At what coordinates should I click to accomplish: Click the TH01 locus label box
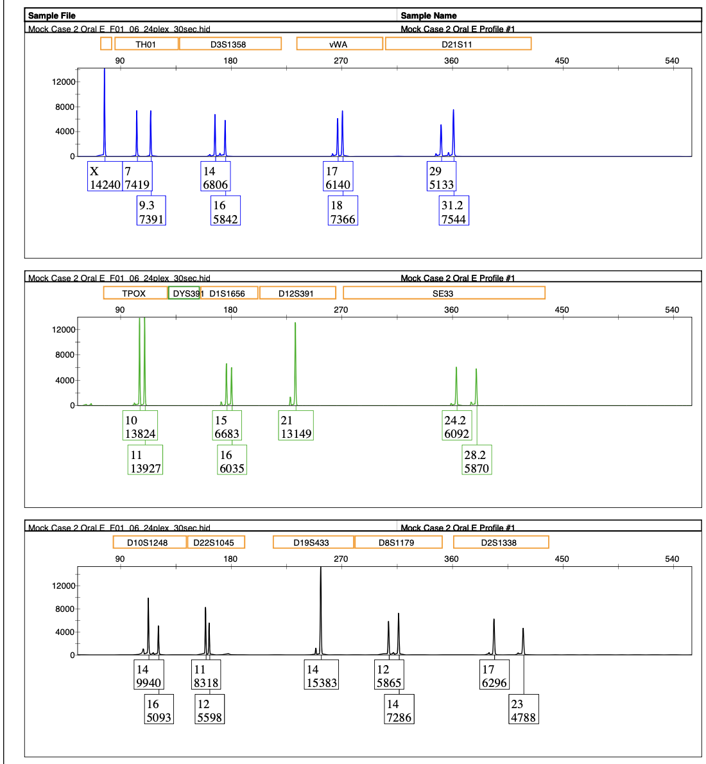tap(146, 44)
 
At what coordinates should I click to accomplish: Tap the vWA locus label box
tap(339, 44)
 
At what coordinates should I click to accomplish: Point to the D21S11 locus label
tap(458, 44)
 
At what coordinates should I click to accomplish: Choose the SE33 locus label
tap(443, 293)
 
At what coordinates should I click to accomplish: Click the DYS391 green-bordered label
tap(184, 293)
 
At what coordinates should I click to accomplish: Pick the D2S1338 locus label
tap(500, 542)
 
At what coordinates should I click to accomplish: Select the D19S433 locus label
tap(313, 542)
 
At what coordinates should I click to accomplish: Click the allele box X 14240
tap(105, 178)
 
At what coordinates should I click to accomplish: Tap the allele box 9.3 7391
tap(151, 212)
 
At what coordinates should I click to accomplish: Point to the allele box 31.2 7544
tap(453, 212)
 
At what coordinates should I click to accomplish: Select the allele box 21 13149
tap(296, 427)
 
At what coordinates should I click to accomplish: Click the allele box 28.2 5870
tap(476, 461)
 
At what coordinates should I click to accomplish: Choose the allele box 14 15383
tap(322, 676)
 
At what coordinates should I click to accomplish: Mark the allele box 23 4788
tap(523, 710)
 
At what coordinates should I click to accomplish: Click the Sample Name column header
tap(429, 15)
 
